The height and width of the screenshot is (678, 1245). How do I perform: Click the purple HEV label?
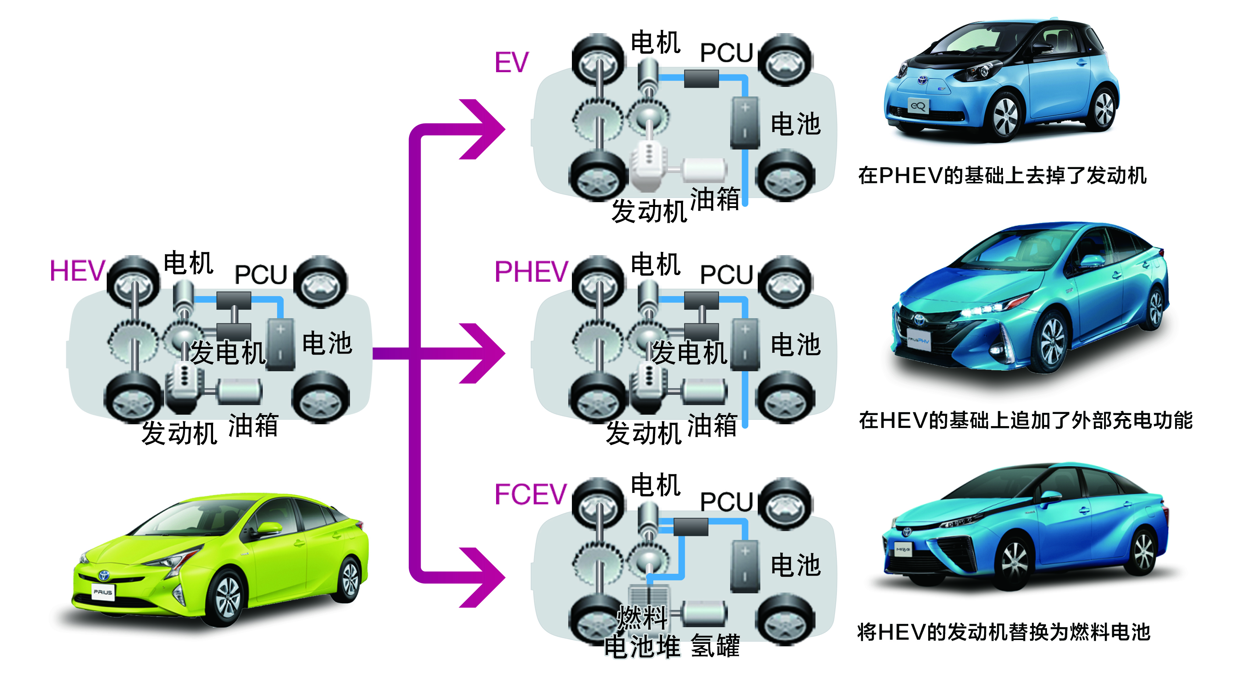77,271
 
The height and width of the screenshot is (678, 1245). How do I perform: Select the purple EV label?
511,63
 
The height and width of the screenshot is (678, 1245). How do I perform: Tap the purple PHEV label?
531,271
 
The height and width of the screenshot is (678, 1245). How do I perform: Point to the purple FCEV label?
530,494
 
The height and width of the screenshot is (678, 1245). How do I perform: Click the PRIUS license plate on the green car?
103,592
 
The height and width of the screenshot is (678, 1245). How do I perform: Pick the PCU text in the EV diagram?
726,53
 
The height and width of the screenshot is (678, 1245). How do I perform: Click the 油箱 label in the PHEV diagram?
712,426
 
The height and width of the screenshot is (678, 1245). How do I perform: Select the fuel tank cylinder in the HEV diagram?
239,391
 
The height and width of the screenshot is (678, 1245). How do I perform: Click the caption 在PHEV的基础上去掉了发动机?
1002,176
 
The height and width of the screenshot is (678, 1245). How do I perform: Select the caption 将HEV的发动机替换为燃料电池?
1003,632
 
